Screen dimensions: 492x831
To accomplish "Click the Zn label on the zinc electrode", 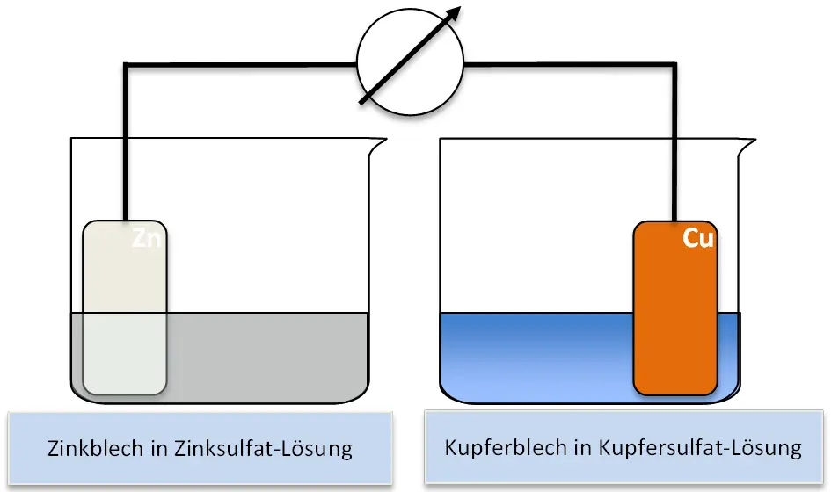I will pos(147,238).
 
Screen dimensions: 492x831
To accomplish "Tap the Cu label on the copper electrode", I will pos(698,239).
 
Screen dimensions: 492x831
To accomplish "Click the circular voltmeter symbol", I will pos(409,62).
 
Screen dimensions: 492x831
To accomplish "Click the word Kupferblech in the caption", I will pos(497,447).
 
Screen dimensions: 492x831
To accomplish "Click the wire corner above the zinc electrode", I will pos(127,63).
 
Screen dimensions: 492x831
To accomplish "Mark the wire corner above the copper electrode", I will pos(674,63).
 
